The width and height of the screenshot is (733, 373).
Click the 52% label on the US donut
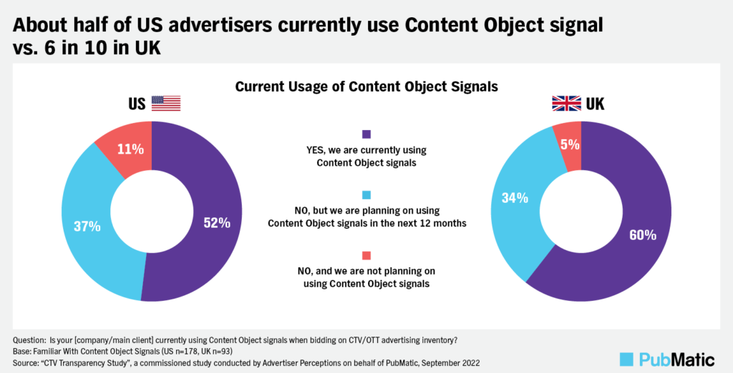point(215,223)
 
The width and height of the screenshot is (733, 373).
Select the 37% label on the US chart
point(87,227)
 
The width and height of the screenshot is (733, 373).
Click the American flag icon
point(166,104)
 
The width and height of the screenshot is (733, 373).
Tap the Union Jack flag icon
point(565,104)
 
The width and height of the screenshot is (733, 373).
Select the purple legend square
point(366,134)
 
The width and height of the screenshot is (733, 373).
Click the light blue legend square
point(366,194)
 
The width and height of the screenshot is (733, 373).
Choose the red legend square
point(366,255)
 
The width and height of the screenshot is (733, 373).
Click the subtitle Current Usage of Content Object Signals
point(366,86)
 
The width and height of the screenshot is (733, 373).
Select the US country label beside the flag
point(137,104)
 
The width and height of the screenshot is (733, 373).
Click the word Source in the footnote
point(26,361)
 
